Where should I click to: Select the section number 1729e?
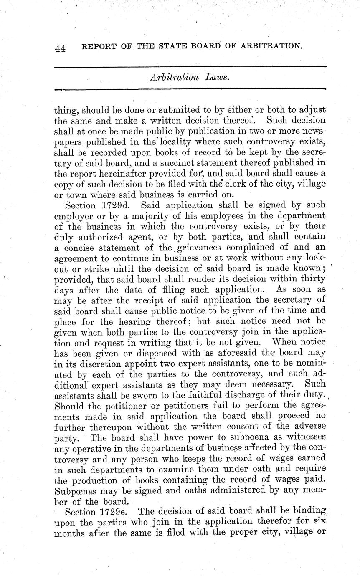coord(114,511)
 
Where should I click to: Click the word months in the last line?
coord(72,532)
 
